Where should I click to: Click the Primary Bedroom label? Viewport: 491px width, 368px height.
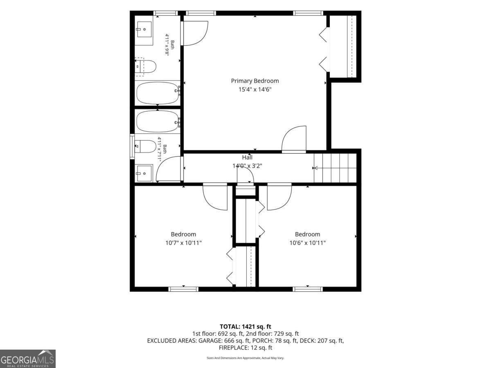point(255,81)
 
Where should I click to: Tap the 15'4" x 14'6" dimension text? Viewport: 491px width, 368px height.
point(255,90)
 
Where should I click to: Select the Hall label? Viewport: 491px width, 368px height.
point(247,157)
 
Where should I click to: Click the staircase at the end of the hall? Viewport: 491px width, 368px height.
point(335,168)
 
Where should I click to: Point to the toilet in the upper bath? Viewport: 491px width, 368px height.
point(145,67)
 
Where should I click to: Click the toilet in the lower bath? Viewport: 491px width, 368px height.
point(145,146)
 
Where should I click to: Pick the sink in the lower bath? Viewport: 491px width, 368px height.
point(144,173)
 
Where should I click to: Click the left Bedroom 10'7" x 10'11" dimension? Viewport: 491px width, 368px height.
point(183,242)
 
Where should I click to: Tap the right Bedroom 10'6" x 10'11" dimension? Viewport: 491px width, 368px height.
point(308,242)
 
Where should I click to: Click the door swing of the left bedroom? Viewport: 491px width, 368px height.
point(215,197)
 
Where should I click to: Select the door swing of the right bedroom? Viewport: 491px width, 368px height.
point(279,197)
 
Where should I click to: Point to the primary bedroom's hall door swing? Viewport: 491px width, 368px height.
point(294,139)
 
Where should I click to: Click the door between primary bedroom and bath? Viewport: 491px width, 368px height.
point(196,33)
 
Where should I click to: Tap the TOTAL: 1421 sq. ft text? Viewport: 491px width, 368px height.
point(245,326)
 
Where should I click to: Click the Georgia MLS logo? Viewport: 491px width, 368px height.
point(28,359)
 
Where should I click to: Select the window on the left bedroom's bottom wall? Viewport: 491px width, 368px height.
point(183,289)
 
